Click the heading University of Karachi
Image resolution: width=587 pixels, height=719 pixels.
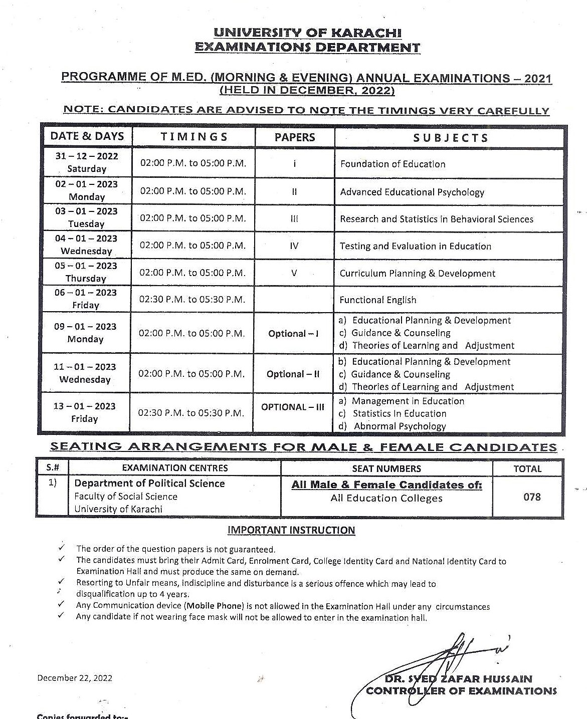click(307, 33)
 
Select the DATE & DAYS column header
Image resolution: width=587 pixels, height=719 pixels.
click(87, 136)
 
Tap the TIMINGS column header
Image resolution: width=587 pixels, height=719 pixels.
click(194, 137)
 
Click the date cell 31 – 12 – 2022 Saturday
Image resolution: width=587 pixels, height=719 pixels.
click(87, 162)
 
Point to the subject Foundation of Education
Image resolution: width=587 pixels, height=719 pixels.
click(393, 164)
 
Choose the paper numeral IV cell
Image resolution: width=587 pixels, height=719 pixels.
click(294, 246)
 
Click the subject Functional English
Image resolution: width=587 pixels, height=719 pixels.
click(378, 300)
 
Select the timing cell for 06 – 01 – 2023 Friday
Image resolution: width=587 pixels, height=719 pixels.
click(192, 300)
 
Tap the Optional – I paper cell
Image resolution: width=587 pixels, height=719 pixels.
click(293, 334)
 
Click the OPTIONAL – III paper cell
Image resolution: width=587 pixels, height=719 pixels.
click(293, 407)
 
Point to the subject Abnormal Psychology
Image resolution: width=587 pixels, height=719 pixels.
click(400, 426)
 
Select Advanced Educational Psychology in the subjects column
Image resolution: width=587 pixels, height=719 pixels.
click(412, 192)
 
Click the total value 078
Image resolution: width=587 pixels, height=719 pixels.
click(532, 497)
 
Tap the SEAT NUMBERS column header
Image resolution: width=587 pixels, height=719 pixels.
click(386, 469)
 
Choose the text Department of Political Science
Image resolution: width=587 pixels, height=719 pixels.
click(149, 484)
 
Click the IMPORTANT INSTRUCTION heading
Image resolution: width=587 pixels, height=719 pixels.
click(291, 530)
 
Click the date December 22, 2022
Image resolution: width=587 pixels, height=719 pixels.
click(75, 678)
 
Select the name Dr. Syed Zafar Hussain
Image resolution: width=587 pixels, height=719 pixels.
click(458, 679)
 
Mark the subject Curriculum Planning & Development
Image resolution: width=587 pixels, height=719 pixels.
click(417, 274)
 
